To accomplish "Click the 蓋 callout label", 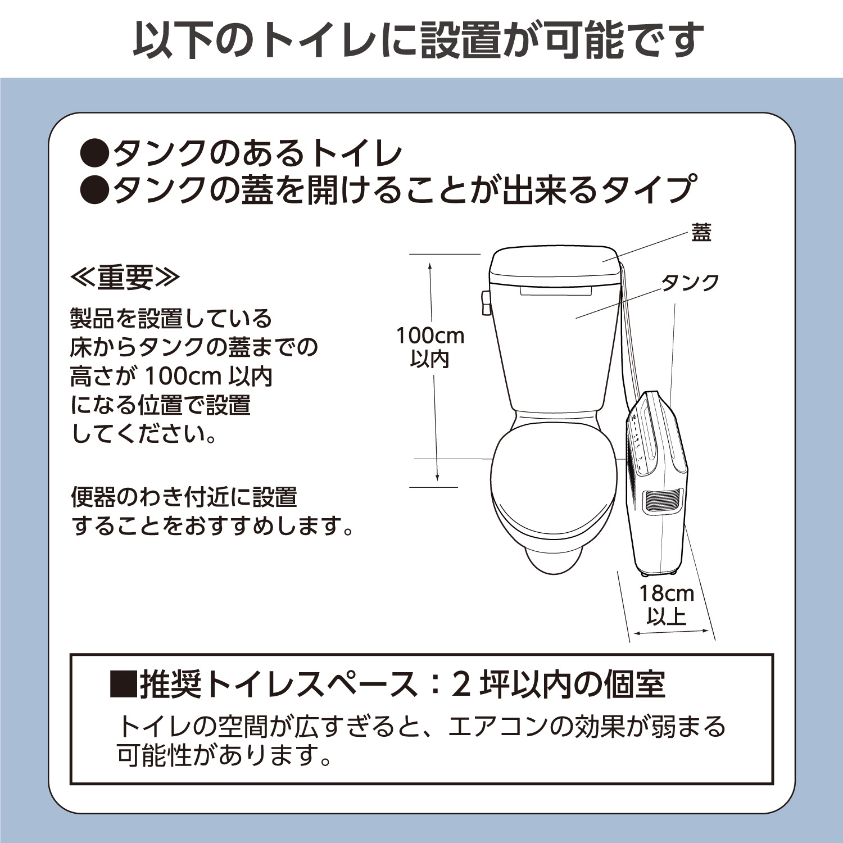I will (701, 232).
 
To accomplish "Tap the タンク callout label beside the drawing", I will (690, 282).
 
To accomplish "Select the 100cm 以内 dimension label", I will (430, 347).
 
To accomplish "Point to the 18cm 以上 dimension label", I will (667, 605).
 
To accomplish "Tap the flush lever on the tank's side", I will (486, 302).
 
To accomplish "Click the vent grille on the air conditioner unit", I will (663, 500).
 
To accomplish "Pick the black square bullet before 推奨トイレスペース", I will (123, 684).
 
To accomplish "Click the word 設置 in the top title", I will (460, 40).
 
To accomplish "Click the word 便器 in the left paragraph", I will (93, 497).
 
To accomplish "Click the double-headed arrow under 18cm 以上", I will (671, 633).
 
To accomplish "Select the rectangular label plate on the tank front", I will (556, 291).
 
